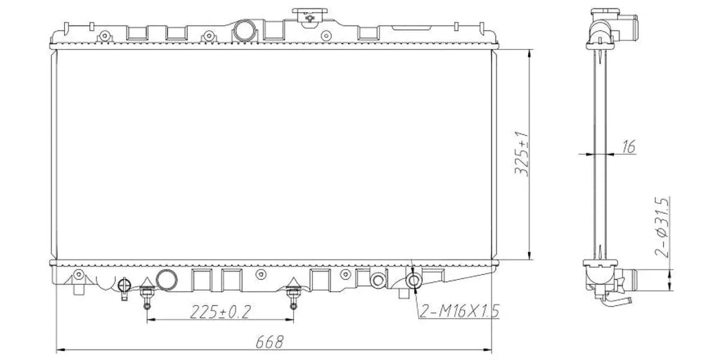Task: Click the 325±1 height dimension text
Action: pyautogui.click(x=522, y=154)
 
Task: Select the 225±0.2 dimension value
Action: pyautogui.click(x=220, y=312)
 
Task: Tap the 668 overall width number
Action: pyautogui.click(x=269, y=342)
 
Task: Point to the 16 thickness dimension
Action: pyautogui.click(x=629, y=147)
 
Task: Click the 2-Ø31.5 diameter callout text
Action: pyautogui.click(x=662, y=227)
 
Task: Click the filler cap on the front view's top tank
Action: pyautogui.click(x=309, y=15)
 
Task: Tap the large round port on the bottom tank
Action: pyautogui.click(x=166, y=280)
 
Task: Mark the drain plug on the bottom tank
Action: pyautogui.click(x=124, y=287)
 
